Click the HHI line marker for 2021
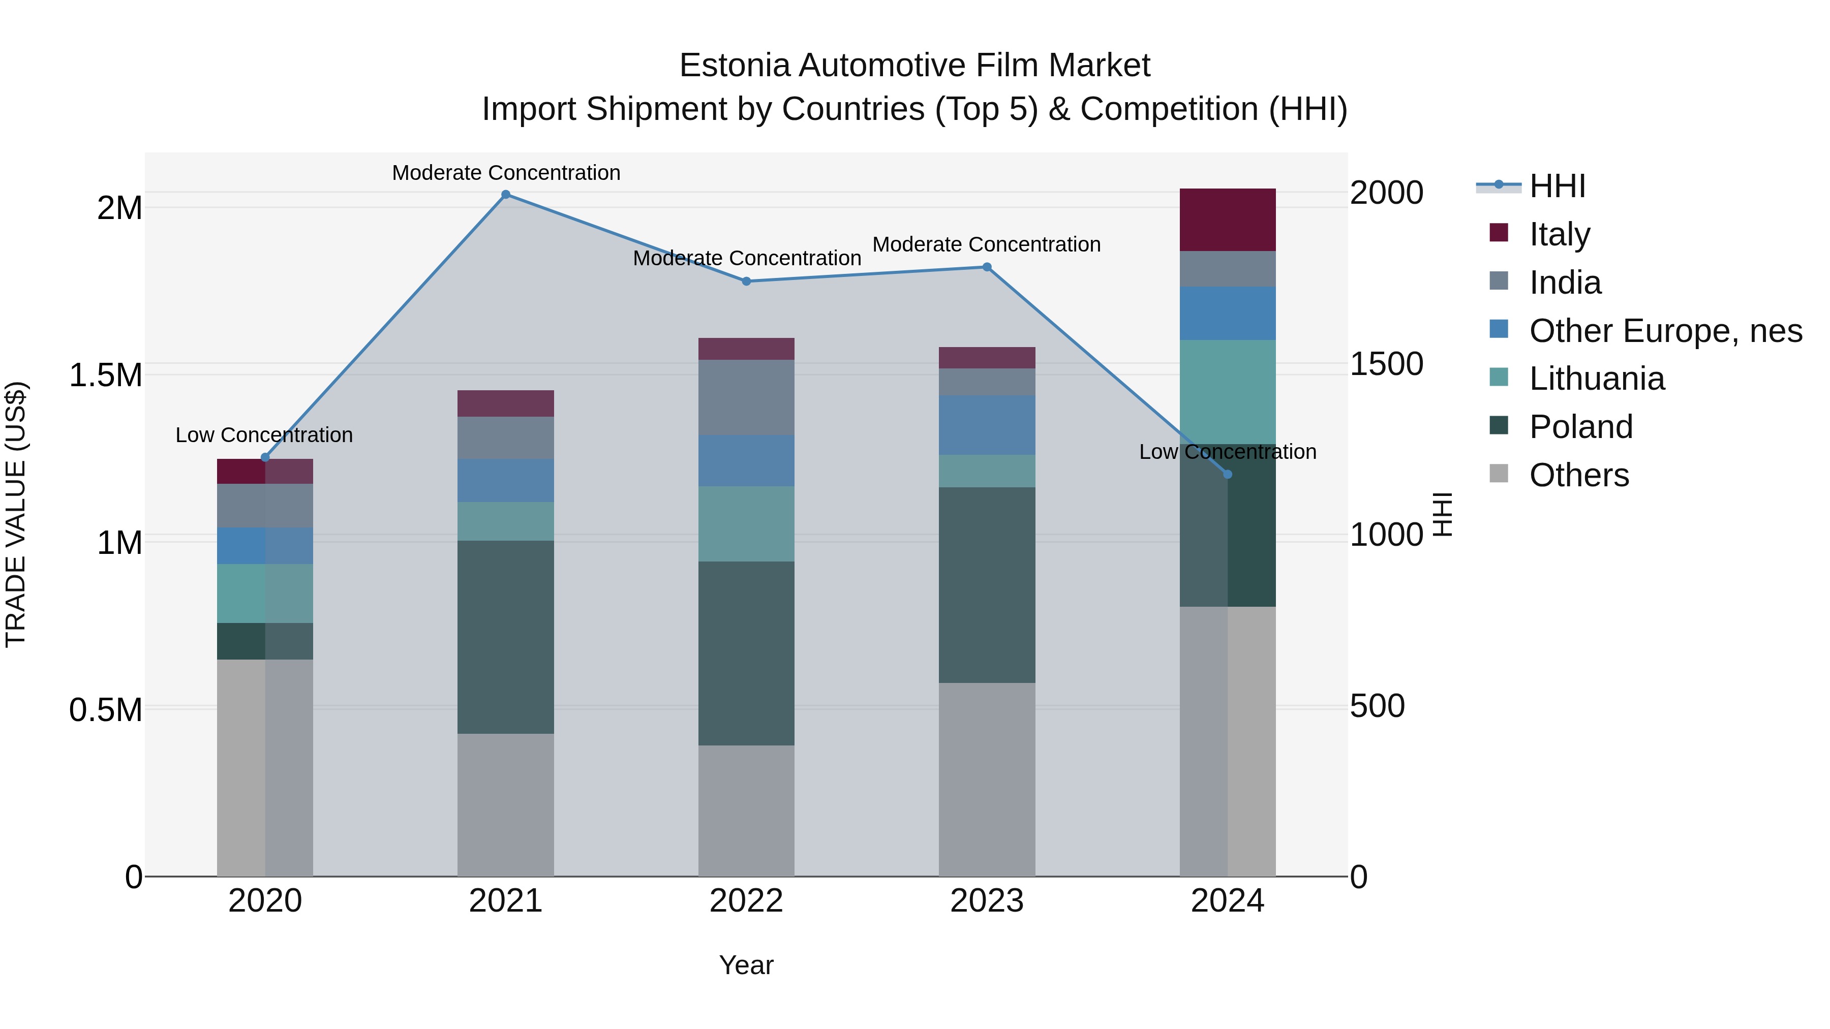coord(506,195)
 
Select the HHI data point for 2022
coord(746,281)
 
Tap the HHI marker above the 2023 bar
coord(987,267)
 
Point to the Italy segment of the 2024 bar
coord(1228,220)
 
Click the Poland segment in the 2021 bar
coord(506,637)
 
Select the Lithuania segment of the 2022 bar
coord(746,524)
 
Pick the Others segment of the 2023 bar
coord(987,779)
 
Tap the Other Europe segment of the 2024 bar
coord(1228,313)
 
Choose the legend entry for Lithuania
coord(1596,379)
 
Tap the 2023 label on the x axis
coord(987,901)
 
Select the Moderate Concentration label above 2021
coord(506,173)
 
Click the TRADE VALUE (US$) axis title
coord(16,514)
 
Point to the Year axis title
coord(746,965)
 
